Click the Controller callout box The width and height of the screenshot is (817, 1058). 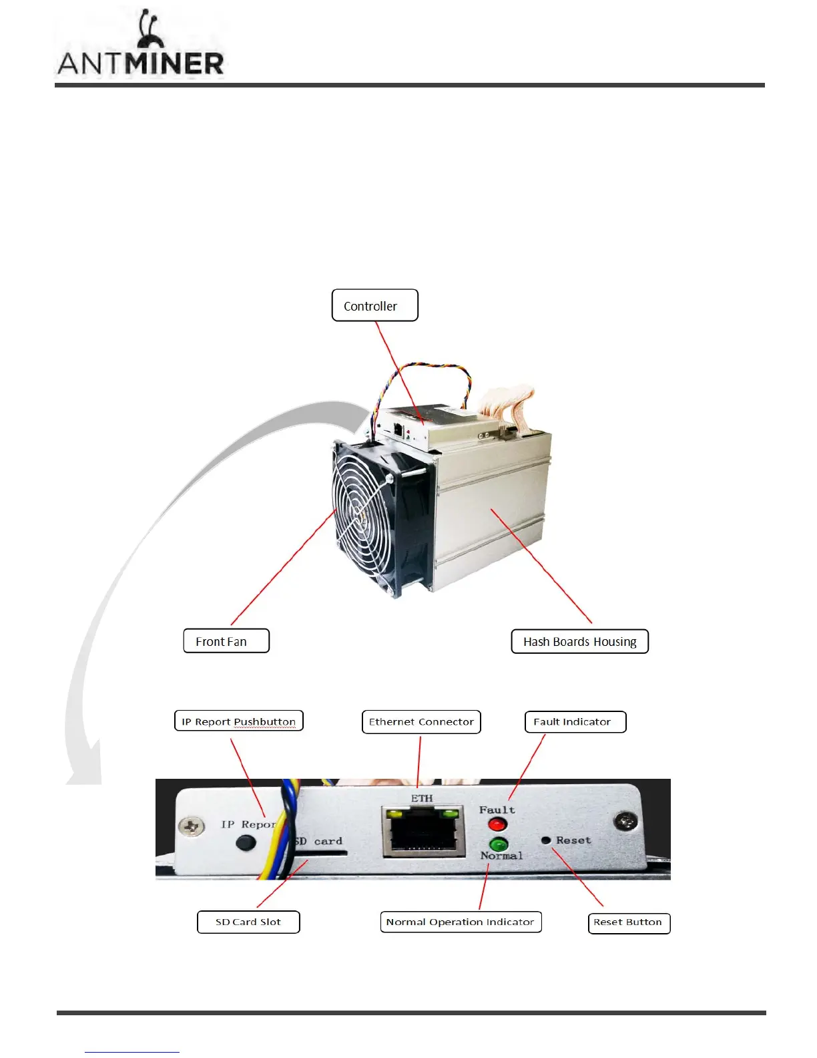[374, 305]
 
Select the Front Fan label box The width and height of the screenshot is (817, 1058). [226, 641]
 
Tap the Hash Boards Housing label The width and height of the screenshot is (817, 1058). [579, 641]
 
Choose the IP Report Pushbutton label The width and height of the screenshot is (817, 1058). [238, 721]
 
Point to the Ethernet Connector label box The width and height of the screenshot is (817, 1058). [421, 721]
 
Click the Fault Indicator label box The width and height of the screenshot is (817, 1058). [575, 721]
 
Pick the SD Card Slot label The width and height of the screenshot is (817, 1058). [248, 922]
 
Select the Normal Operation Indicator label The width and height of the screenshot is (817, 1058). [461, 922]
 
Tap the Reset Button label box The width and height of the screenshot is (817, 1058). [629, 922]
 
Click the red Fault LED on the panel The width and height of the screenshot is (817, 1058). [497, 824]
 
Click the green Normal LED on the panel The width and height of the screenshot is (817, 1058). [499, 844]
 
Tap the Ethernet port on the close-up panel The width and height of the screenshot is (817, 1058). [423, 832]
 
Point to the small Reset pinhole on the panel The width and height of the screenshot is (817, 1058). [546, 840]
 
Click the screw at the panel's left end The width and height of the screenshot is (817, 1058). [192, 827]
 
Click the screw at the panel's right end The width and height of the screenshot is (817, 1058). [625, 820]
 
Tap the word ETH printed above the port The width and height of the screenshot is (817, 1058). [422, 798]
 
